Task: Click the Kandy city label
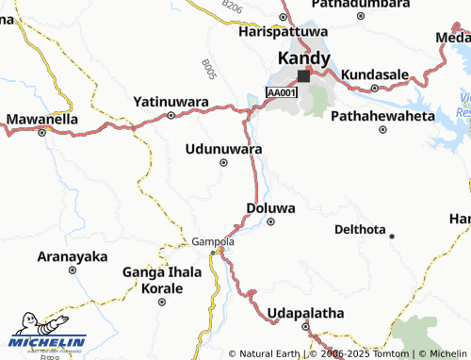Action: click(303, 58)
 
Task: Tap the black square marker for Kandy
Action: click(303, 76)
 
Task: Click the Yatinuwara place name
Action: click(171, 101)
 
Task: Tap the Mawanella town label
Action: click(42, 120)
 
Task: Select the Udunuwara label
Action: click(223, 148)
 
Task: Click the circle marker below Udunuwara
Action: click(223, 163)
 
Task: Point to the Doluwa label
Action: click(270, 207)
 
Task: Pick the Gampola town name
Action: click(213, 241)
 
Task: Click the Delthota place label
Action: click(362, 229)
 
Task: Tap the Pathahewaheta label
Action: click(382, 115)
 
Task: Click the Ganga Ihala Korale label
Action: click(162, 280)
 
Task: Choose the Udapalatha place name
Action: click(305, 313)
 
